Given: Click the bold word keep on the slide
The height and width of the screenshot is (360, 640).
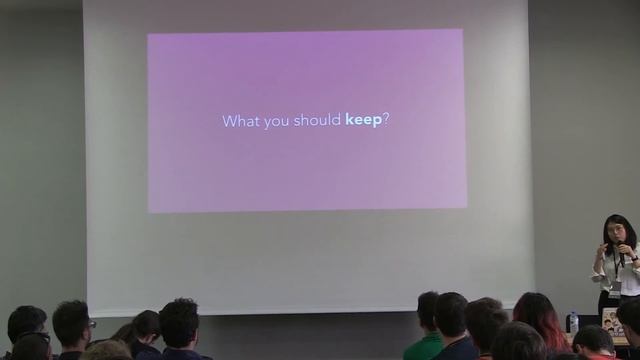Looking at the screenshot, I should click(363, 121).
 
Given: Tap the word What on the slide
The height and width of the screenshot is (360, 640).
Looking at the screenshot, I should click(238, 121).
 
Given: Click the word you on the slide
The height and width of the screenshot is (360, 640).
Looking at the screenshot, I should click(274, 122).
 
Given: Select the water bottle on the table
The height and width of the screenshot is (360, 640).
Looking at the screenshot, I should click(573, 321).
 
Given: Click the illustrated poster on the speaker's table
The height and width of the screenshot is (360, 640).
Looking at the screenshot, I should click(610, 321).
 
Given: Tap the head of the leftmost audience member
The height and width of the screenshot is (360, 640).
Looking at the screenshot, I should click(26, 324).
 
